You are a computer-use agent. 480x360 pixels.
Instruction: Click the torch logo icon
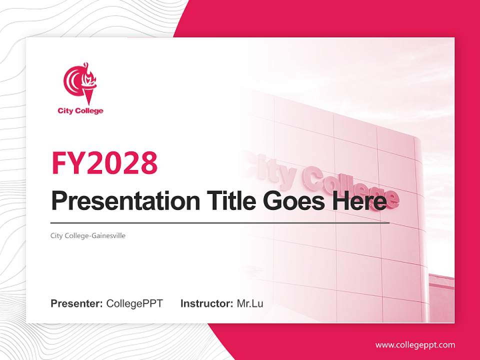tap(80, 83)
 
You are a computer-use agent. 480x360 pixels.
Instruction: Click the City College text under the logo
tap(80, 110)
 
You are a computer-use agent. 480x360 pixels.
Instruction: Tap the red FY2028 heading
tap(104, 162)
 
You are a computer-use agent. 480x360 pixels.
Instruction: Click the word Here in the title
tap(359, 200)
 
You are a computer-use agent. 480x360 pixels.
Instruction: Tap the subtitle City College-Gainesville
tap(88, 235)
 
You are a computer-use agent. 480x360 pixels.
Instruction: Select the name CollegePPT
tap(134, 303)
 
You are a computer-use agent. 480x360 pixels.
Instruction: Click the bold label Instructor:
tap(206, 303)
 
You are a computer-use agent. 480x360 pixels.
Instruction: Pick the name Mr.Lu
tap(250, 303)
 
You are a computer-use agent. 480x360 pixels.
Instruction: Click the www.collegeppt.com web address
tap(415, 344)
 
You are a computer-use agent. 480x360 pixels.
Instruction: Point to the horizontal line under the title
tap(220, 223)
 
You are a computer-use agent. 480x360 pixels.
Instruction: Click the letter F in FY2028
tap(60, 162)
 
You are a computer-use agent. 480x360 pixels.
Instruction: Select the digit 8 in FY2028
tap(148, 162)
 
